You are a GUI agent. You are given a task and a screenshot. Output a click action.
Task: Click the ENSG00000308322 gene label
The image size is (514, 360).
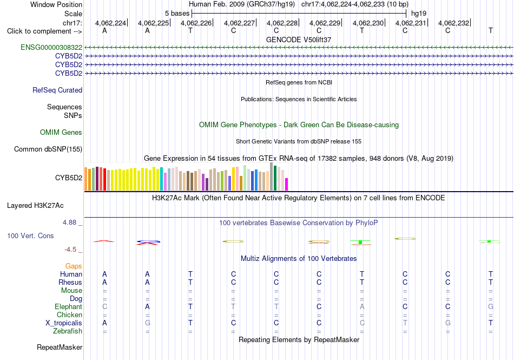coord(51,48)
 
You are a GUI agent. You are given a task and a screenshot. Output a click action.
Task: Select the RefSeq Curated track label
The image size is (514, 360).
coord(57,90)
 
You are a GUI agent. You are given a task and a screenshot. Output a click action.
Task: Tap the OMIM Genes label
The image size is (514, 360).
coord(61,133)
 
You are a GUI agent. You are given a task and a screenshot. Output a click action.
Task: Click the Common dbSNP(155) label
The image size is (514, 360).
coord(48,149)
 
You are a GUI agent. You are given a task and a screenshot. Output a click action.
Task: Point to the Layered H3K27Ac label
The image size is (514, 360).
coord(35,206)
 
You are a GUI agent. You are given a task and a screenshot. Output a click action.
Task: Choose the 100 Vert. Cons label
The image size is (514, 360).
coord(30,235)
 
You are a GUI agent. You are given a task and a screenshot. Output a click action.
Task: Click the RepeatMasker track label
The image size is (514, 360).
coord(60,347)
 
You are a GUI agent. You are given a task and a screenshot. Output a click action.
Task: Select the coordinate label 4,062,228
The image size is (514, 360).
coord(282,23)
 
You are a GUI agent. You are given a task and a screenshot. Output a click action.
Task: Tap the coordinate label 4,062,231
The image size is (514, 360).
coord(411,23)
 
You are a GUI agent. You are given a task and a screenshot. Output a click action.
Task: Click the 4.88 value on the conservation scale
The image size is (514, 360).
coord(69,222)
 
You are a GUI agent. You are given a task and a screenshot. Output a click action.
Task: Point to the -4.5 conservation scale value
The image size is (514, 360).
coord(70,250)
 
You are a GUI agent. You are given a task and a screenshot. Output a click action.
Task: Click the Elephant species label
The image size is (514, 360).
coord(68,307)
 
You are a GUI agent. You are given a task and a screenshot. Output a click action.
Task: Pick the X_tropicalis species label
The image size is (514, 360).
coord(64,323)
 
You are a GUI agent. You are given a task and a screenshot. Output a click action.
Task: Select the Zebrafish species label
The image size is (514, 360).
coord(68,331)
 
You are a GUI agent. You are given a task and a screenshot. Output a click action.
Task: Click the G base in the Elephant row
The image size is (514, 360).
coord(490,306)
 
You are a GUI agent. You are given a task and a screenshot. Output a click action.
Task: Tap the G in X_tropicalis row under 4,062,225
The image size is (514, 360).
coord(148,323)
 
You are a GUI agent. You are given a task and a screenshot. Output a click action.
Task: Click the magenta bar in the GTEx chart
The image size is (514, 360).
coord(287,184)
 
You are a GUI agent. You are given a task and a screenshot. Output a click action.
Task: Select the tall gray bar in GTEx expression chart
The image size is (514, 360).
coord(272,176)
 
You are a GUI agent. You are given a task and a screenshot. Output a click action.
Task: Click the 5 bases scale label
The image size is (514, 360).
coord(177,14)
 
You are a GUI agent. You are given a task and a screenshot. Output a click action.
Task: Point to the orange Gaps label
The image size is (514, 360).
coord(74,266)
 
